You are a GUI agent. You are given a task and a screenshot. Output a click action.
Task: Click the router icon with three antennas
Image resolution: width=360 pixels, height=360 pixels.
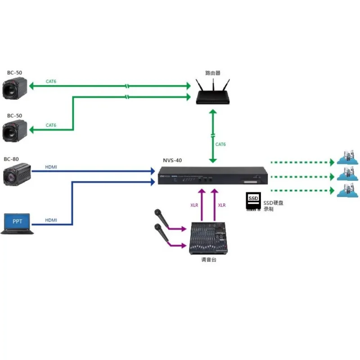tap(213, 93)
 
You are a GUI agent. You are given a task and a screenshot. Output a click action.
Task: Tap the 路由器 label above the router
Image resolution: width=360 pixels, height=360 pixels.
tap(213, 72)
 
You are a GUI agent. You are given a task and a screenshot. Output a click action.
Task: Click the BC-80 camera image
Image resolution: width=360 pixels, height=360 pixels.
tap(17, 175)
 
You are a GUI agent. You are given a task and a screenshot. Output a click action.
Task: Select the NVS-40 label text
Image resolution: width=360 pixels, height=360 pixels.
tap(172, 160)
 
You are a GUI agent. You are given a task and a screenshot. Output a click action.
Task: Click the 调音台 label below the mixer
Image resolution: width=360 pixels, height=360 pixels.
tap(208, 260)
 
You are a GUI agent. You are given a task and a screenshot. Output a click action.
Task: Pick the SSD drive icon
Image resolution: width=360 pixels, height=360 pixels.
tap(253, 202)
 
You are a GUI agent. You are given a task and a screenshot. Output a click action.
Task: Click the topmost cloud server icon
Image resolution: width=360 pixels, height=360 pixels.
tap(348, 158)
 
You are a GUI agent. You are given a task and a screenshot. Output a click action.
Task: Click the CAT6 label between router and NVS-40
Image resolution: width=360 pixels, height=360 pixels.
tap(220, 144)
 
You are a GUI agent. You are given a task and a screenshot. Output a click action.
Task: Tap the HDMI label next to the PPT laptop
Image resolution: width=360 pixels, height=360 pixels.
tap(51, 220)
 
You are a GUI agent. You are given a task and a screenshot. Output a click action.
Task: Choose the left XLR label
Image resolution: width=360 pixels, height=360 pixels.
tap(194, 205)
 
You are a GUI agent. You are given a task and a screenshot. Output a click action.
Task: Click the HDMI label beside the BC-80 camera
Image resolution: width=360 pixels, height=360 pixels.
tap(51, 167)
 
